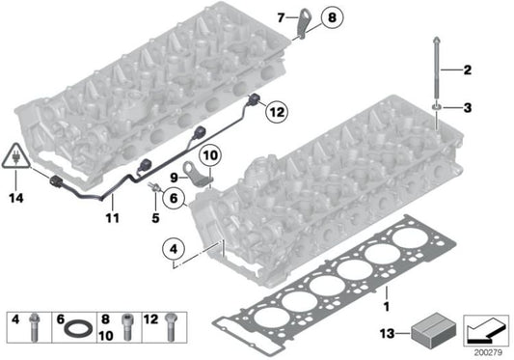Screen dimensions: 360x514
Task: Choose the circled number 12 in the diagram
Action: [x=275, y=113]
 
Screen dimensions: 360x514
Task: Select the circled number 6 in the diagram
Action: [x=175, y=199]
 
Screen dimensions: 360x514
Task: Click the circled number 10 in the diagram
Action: [x=210, y=152]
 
